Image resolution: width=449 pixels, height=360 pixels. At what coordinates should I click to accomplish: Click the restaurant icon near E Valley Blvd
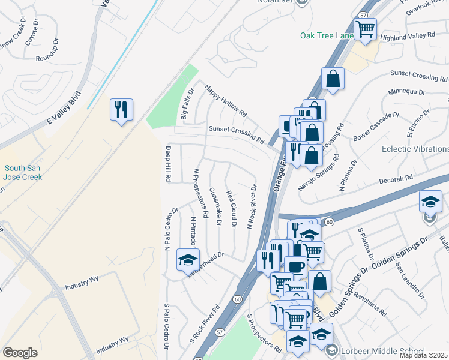point(121,109)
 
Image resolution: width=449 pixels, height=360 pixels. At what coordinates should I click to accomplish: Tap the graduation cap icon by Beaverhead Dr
point(187,259)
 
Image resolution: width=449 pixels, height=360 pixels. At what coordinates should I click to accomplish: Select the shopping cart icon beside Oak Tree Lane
point(365,28)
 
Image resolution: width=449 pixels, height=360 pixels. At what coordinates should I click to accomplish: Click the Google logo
point(20,353)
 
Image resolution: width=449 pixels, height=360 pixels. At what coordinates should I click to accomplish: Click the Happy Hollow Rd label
point(226,100)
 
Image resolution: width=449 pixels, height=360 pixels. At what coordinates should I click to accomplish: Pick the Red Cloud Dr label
point(232,209)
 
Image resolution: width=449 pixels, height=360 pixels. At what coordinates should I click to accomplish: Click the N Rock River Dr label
point(252,206)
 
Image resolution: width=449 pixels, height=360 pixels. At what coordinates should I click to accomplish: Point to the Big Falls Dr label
point(188,104)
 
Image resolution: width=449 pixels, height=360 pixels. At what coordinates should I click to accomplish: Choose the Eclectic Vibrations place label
point(415,149)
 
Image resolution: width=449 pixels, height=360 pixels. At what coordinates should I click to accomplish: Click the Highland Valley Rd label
point(408,36)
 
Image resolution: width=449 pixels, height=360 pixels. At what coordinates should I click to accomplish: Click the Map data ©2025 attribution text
point(424,355)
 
